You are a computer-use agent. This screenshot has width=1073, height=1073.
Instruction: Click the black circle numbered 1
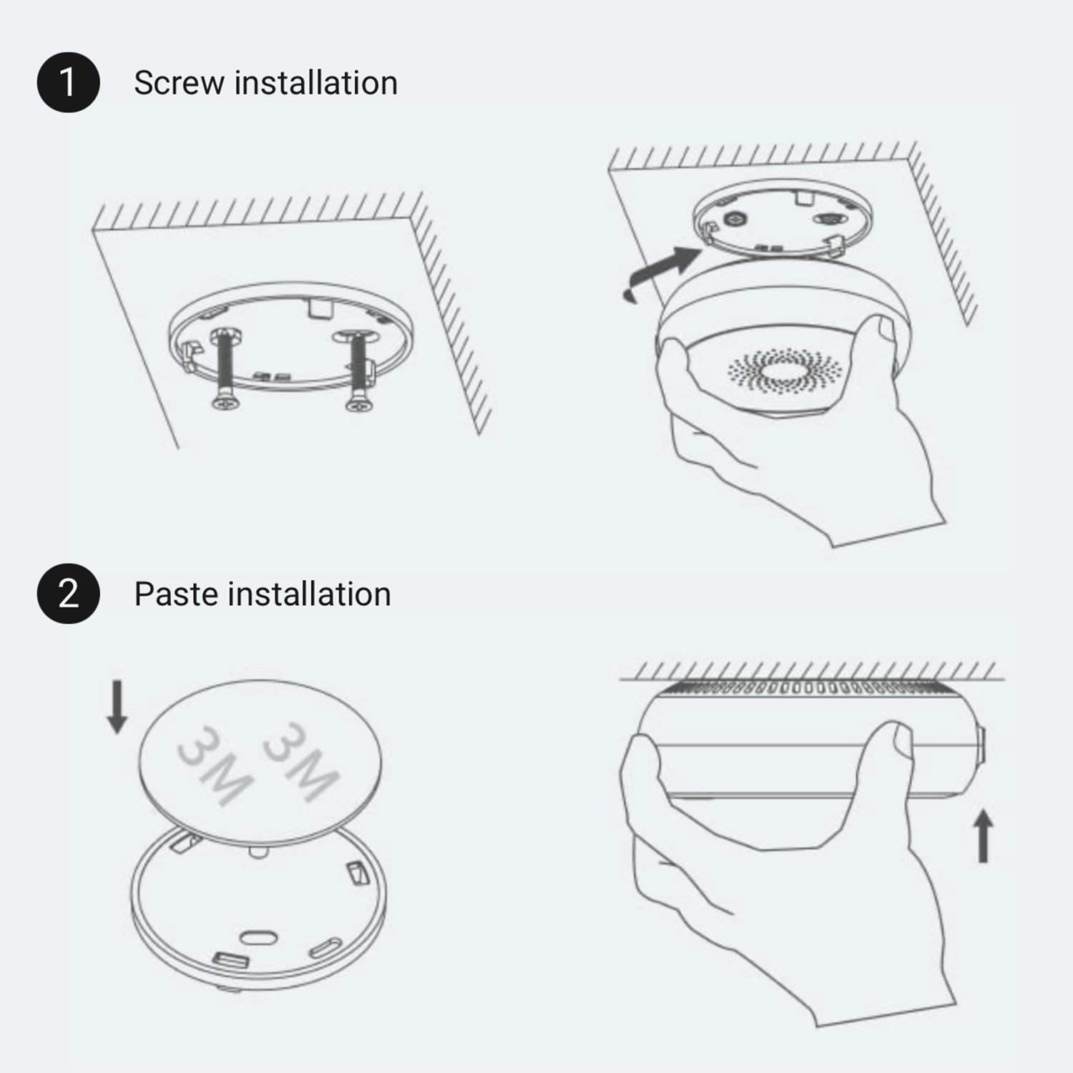pos(68,82)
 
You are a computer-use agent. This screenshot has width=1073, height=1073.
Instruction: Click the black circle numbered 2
pos(68,594)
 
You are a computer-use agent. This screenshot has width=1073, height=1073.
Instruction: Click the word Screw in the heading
pos(180,83)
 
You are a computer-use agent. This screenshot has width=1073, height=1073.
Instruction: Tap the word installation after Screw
pos(316,83)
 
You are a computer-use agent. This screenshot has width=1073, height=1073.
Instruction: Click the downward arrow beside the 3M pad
pos(117,707)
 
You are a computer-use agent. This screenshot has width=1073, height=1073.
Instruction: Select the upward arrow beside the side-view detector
pos(984,836)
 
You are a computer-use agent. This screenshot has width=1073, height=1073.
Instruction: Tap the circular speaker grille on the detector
pos(785,371)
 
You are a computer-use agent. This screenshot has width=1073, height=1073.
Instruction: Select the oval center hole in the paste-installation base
pos(258,938)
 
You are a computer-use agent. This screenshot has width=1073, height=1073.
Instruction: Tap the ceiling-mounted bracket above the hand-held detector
pos(783,218)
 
